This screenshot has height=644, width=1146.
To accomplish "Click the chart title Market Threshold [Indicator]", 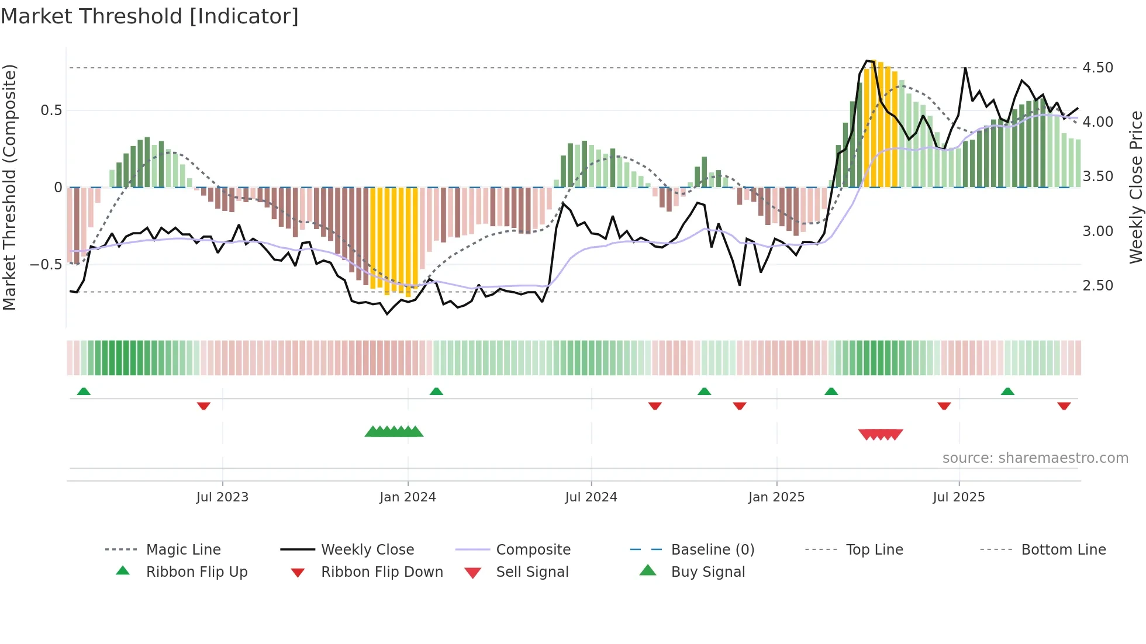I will pos(150,16).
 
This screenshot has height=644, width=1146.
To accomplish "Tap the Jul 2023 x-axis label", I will pos(222,497).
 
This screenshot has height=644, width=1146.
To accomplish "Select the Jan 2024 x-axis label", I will pos(408,497).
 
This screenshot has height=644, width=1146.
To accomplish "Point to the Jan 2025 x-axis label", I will pos(776,497).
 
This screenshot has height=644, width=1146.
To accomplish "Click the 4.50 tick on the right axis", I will pos(1097,68).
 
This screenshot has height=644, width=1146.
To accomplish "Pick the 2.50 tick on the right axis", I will pos(1097,286).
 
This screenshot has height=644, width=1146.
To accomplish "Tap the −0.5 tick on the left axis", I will pos(46,265).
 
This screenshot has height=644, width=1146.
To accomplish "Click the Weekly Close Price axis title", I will pos(1135,187).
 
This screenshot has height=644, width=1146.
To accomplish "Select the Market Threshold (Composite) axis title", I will pos(9,187).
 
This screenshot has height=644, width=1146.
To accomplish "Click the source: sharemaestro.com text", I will pos(1035,458).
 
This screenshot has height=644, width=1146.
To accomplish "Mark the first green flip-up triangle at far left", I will pos(84,392).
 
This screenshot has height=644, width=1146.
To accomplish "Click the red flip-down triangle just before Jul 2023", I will pos(203,406).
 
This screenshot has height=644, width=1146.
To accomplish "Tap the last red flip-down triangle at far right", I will pos(1064,406).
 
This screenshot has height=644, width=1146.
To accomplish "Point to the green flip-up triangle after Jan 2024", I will pos(436,392).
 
